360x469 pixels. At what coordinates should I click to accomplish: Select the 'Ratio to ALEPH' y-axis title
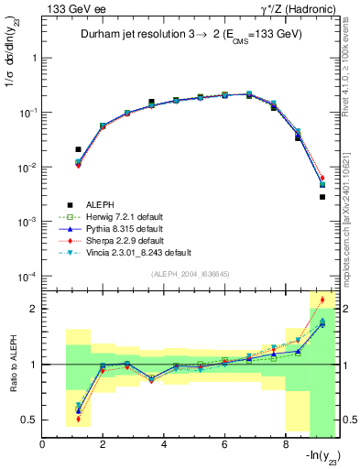point(12,364)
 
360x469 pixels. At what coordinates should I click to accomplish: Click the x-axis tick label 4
point(164,446)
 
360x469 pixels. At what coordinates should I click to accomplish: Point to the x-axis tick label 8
point(286,446)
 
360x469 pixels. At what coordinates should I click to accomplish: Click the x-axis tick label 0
point(43,446)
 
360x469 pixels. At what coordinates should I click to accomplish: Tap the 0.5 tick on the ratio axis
point(30,420)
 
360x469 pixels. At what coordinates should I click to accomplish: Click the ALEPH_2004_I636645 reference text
point(191,275)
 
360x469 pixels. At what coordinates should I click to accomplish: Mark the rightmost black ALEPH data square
point(322,197)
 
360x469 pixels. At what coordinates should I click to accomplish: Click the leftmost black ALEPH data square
point(78,148)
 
